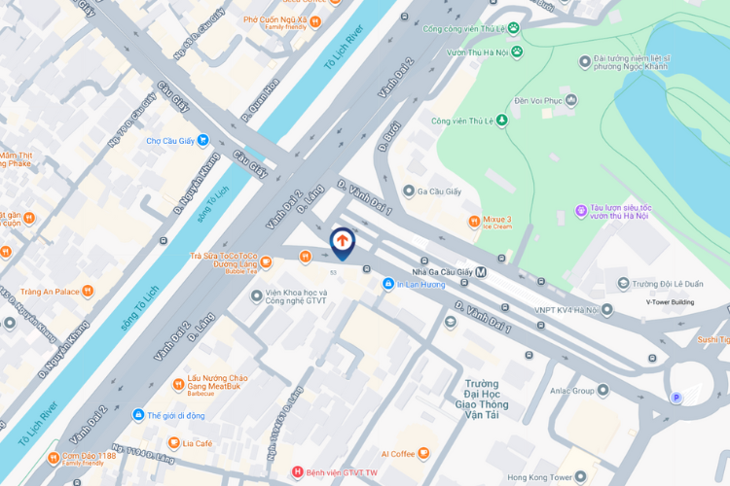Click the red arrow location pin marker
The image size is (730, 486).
[x=343, y=240]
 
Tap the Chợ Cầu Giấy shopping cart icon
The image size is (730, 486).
[x=202, y=141]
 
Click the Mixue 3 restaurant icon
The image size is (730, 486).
[x=473, y=222]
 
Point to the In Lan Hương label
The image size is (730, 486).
[x=420, y=285]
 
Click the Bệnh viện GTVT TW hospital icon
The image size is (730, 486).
[x=298, y=472]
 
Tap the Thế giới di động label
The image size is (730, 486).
[x=174, y=415]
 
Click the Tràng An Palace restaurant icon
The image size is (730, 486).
[x=89, y=291]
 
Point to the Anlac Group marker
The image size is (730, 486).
[x=603, y=391]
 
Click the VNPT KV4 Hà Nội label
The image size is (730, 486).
[x=566, y=310]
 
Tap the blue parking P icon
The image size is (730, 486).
[x=676, y=398]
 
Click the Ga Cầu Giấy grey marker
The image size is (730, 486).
[x=409, y=191]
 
